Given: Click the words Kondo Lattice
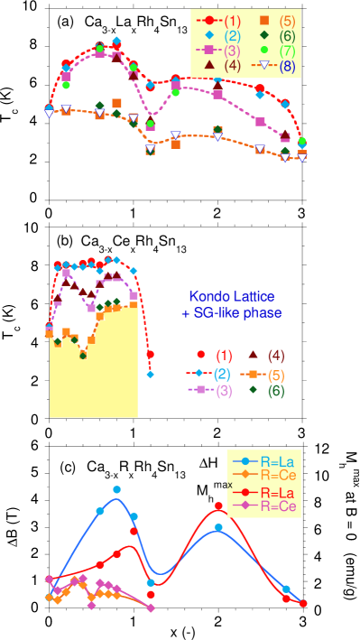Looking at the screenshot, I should click(232, 296).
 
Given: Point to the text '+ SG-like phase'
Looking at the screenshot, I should click(231, 312).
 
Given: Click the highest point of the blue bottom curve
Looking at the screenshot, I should click(117, 490).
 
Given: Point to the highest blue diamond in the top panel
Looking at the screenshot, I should click(117, 41).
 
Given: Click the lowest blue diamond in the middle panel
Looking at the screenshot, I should click(150, 374).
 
